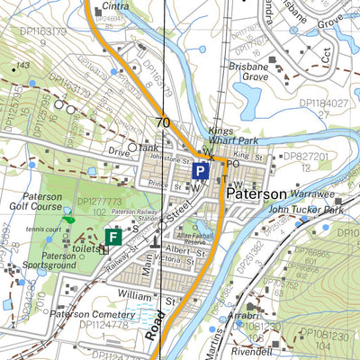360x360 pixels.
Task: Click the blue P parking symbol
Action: (202, 171)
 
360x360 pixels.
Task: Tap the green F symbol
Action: (113, 237)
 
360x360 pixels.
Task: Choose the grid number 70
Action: (162, 123)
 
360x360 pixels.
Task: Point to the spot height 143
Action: (23, 67)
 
